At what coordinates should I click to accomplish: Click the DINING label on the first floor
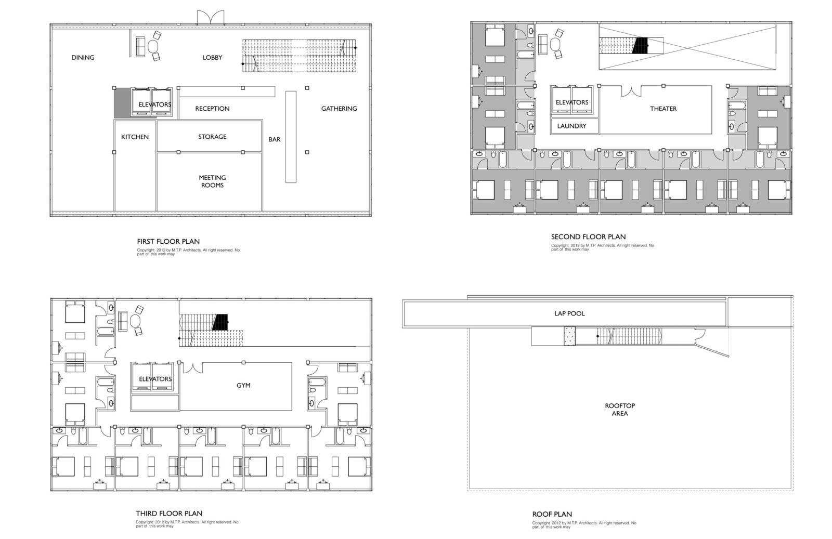pyautogui.click(x=83, y=58)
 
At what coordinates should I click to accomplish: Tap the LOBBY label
pyautogui.click(x=213, y=58)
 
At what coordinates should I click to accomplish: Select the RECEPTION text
pyautogui.click(x=213, y=109)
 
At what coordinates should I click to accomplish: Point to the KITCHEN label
pyautogui.click(x=135, y=137)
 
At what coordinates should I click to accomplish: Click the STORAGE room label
pyautogui.click(x=213, y=137)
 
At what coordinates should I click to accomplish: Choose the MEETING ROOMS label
pyautogui.click(x=213, y=181)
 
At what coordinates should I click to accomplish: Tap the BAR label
pyautogui.click(x=275, y=140)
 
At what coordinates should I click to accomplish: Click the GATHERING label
pyautogui.click(x=339, y=109)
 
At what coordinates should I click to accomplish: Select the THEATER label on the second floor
pyautogui.click(x=664, y=109)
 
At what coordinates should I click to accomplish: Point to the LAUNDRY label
pyautogui.click(x=571, y=126)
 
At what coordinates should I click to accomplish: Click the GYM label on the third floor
pyautogui.click(x=244, y=385)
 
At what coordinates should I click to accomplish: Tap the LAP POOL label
pyautogui.click(x=570, y=313)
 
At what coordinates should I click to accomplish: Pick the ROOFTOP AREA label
pyautogui.click(x=620, y=410)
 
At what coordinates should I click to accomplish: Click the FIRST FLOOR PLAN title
pyautogui.click(x=168, y=241)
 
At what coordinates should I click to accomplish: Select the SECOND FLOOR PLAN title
pyautogui.click(x=588, y=237)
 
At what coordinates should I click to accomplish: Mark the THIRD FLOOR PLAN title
pyautogui.click(x=169, y=514)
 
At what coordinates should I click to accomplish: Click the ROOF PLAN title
pyautogui.click(x=552, y=514)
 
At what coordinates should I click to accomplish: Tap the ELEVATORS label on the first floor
pyautogui.click(x=155, y=104)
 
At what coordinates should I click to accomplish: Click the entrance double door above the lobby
pyautogui.click(x=211, y=18)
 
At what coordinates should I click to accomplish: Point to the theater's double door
pyautogui.click(x=631, y=91)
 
